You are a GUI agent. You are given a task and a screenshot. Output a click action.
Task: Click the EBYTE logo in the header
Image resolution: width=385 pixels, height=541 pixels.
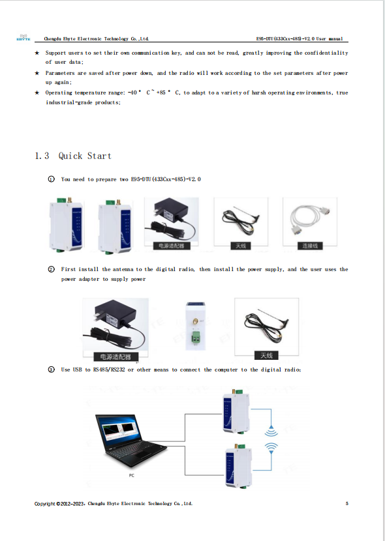tap(23, 38)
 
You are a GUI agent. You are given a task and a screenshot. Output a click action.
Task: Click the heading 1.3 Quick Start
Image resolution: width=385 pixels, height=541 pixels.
tap(72, 156)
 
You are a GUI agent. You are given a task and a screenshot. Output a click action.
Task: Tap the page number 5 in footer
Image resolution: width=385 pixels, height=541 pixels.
tap(347, 503)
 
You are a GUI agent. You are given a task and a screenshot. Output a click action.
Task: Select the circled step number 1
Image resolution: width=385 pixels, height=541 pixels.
tap(51, 179)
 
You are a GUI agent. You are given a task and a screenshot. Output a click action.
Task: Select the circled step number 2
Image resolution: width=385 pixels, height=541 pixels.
tap(51, 269)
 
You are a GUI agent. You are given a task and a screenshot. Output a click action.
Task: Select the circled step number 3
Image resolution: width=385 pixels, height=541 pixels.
tap(51, 370)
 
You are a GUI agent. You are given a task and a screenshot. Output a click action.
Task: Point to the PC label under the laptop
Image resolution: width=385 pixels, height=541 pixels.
tap(132, 476)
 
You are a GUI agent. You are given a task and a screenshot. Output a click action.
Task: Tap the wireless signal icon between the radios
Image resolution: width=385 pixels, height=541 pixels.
tap(270, 439)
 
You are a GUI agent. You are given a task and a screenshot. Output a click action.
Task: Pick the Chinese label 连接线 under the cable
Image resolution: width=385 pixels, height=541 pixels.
tap(309, 246)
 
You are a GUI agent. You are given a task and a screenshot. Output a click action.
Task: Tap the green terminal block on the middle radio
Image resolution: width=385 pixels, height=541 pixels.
tap(194, 337)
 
